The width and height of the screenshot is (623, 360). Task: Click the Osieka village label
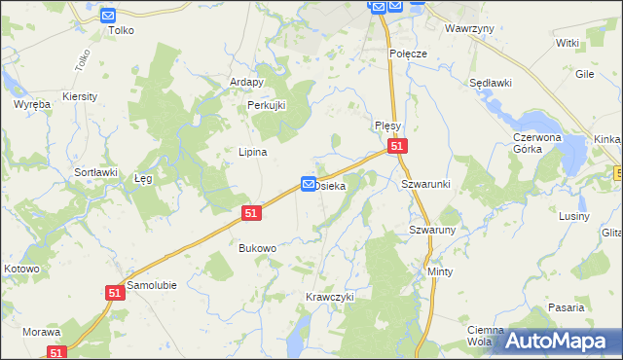click(331, 185)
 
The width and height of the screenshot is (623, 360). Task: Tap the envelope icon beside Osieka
click(309, 184)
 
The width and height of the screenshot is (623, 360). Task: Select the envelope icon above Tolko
click(108, 16)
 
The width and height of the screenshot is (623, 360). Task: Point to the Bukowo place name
click(258, 248)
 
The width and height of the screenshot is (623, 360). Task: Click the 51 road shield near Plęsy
click(396, 146)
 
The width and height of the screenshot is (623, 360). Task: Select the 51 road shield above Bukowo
click(252, 212)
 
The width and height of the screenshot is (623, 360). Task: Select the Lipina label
click(253, 152)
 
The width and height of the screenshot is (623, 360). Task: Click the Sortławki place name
click(96, 172)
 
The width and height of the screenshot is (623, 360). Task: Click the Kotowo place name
click(21, 269)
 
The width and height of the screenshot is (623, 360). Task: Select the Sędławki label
click(491, 84)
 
